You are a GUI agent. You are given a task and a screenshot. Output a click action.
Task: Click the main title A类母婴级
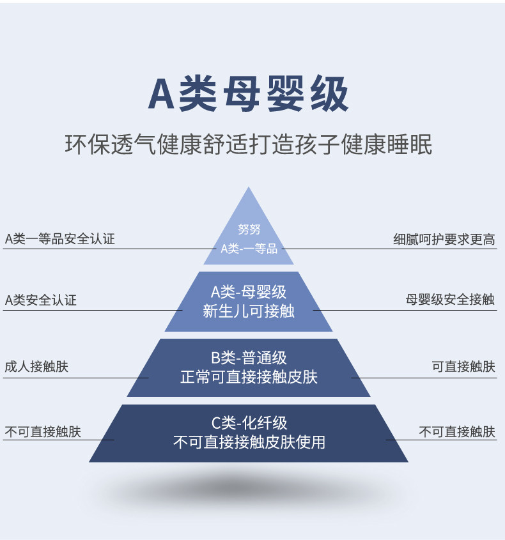(x=249, y=94)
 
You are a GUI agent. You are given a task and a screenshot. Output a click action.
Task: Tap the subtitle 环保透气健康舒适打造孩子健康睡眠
(x=249, y=144)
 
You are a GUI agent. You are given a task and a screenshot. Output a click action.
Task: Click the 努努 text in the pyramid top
(x=249, y=229)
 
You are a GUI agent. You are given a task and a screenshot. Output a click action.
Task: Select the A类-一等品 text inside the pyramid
(x=249, y=249)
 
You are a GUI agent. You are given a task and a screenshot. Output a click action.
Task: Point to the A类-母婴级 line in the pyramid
(x=249, y=292)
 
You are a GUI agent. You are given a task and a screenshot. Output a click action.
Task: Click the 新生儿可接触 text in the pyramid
(x=249, y=311)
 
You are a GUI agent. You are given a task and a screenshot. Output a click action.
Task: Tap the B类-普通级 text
(x=249, y=358)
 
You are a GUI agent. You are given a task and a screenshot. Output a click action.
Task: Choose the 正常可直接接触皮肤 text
(x=249, y=377)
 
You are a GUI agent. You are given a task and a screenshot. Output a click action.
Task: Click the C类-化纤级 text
(x=249, y=423)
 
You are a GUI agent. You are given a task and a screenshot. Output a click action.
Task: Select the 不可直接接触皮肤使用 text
(x=249, y=442)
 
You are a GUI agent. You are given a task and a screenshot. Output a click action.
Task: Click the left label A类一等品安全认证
(x=60, y=239)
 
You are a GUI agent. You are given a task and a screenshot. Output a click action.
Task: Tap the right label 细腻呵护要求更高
(x=444, y=240)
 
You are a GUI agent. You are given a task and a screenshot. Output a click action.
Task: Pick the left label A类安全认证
(x=41, y=300)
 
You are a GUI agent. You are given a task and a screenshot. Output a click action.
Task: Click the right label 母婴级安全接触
(x=450, y=300)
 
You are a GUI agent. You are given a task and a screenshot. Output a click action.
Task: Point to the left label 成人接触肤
(x=36, y=366)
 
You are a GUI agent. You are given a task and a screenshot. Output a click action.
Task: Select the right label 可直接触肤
(x=463, y=367)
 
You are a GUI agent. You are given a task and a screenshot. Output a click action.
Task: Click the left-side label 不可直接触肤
(x=43, y=432)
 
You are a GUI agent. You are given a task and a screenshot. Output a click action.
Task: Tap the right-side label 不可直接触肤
(x=457, y=432)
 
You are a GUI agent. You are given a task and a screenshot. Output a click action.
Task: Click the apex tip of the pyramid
(x=249, y=187)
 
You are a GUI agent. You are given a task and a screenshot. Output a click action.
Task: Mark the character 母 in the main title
(x=242, y=94)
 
